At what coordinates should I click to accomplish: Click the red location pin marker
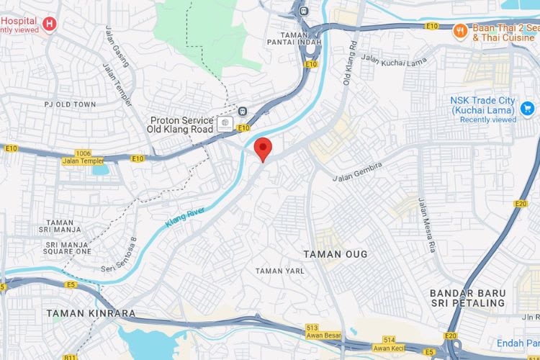[x=264, y=149]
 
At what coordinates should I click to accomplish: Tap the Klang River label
[x=185, y=217]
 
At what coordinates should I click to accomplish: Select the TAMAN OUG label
[x=336, y=254]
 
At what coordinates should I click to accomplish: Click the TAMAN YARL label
[x=280, y=271]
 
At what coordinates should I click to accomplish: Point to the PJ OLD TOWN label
[x=70, y=104]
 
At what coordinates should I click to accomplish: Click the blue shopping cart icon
[x=528, y=109]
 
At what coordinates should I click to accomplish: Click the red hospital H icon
[x=49, y=24]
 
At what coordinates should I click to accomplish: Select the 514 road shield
[x=390, y=340]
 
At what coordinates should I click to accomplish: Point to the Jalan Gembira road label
[x=358, y=171]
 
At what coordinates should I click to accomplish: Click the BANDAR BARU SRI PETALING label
[x=467, y=298]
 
